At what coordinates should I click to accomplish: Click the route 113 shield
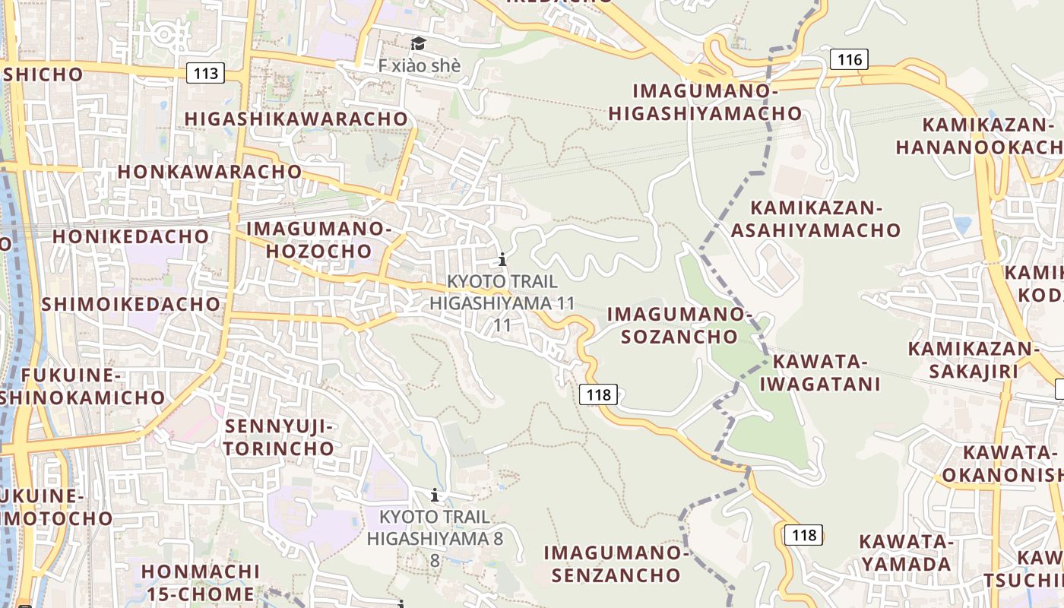coord(206,74)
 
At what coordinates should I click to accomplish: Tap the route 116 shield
coord(849,59)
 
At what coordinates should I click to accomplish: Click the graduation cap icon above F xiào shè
coord(418,43)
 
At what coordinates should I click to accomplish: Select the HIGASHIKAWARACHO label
coord(296,119)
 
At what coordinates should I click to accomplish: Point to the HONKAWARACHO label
coord(210,172)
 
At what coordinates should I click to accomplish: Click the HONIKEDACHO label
coord(131,236)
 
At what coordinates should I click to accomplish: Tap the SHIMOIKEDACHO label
coord(131,305)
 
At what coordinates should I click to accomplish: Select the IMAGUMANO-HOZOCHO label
coord(318,239)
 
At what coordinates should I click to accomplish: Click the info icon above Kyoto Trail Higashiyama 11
coord(502,260)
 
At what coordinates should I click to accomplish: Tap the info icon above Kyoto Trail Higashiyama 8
coord(435,496)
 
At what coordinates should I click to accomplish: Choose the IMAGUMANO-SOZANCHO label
coord(679,325)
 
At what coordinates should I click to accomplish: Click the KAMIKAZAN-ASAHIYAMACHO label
coord(816,219)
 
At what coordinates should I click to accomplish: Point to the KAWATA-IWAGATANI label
coord(820,372)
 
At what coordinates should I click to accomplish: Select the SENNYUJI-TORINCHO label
coord(279,437)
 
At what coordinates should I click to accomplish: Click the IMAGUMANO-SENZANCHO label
coord(616,563)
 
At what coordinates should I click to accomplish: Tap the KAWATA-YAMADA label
coord(906,553)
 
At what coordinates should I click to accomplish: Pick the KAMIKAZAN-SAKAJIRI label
coord(974,360)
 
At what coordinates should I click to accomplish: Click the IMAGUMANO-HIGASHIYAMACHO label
coord(705,103)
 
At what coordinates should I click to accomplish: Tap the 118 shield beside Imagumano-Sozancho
coord(598,394)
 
